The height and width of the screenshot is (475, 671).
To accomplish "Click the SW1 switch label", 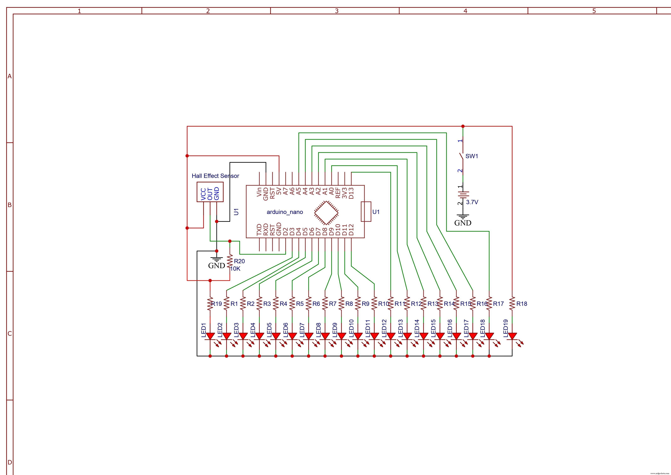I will coord(471,156).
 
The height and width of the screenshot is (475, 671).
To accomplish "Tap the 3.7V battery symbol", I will coord(463,195).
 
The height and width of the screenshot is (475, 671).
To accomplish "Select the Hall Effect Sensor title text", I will coord(215,176).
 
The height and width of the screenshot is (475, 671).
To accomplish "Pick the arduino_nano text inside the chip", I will coord(285,212).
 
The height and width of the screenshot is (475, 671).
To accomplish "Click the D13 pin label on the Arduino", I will coord(351,193).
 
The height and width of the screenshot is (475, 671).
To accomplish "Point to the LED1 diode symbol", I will coord(210,336).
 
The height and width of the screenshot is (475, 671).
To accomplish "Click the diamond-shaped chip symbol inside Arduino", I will coord(326,213).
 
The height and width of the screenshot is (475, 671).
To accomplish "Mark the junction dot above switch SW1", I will coord(463,126).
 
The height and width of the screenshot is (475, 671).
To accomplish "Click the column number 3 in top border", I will coord(336,11).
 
